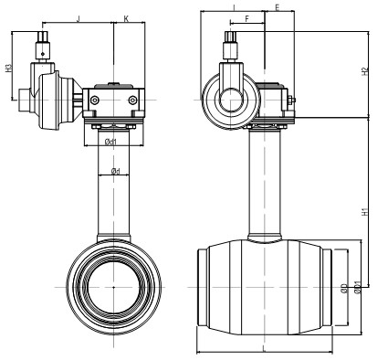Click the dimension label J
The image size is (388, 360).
pyautogui.click(x=79, y=19)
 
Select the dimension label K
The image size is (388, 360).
pyautogui.click(x=126, y=19)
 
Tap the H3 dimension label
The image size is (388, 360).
pyautogui.click(x=8, y=68)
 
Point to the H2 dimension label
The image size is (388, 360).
pyautogui.click(x=364, y=71)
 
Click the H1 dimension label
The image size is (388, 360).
pyautogui.click(x=364, y=212)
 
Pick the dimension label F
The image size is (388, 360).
pyautogui.click(x=247, y=19)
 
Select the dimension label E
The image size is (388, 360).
pyautogui.click(x=278, y=7)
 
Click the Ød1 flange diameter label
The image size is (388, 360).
pyautogui.click(x=110, y=142)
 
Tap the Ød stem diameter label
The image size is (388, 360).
pyautogui.click(x=115, y=171)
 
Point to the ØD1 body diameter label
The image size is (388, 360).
pyautogui.click(x=358, y=288)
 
